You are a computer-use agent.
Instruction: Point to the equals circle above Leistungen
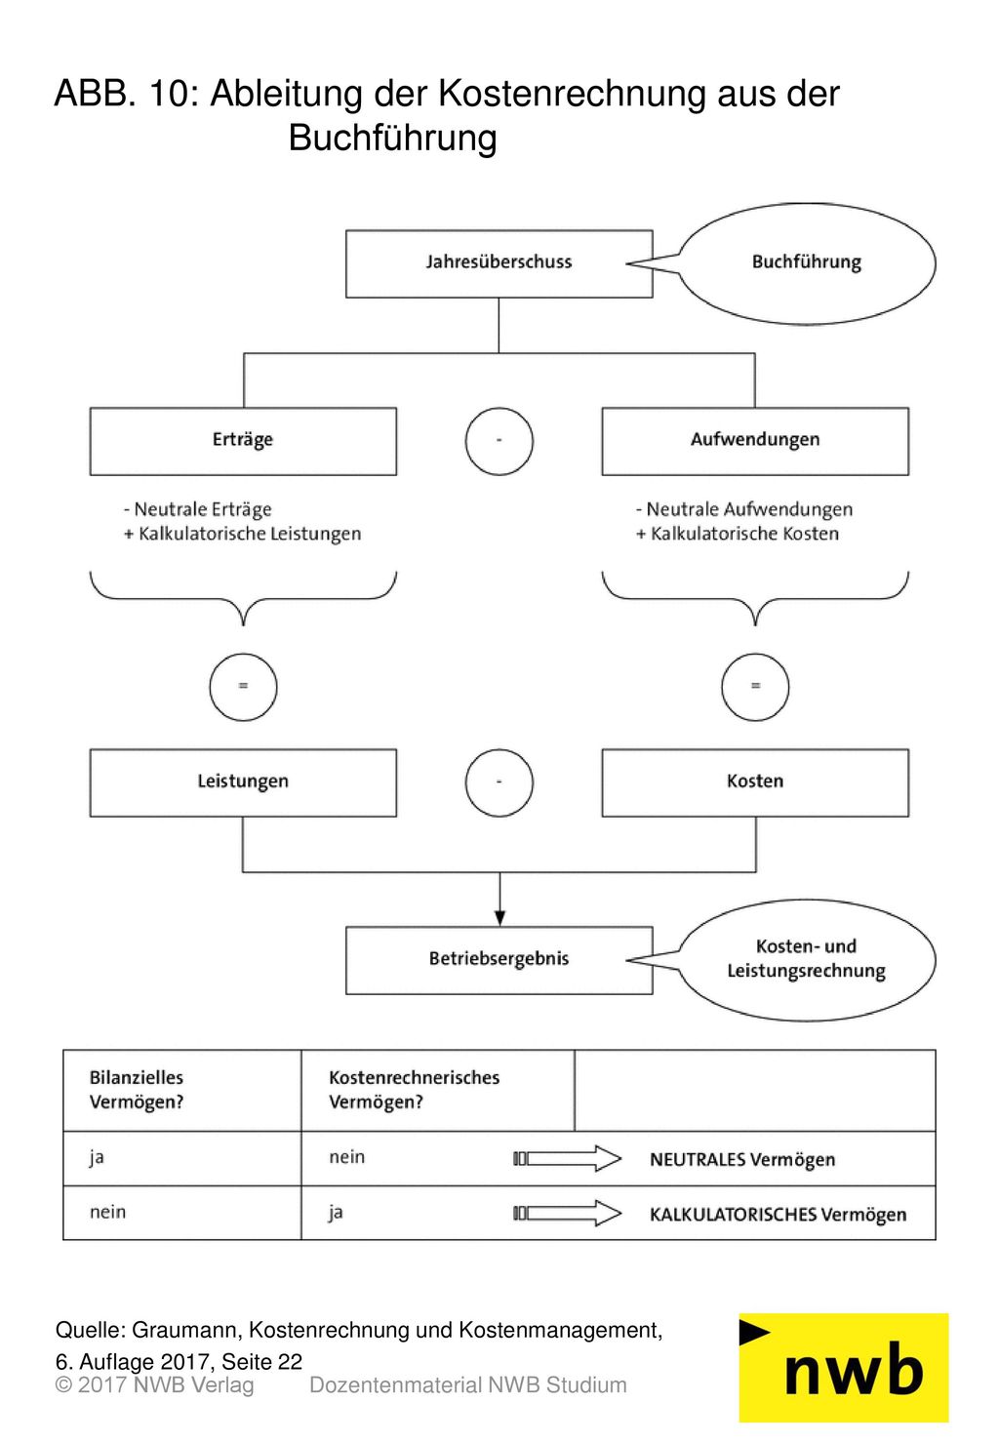pos(244,654)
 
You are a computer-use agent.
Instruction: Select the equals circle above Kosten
pos(755,654)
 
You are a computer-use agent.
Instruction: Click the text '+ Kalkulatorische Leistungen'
pos(242,534)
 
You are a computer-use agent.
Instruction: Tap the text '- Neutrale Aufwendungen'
pos(744,509)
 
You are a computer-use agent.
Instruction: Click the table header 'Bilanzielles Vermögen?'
pos(137,1090)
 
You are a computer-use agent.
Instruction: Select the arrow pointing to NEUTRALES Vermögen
pos(567,1159)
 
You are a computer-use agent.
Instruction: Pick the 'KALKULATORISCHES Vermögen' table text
pos(779,1215)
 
